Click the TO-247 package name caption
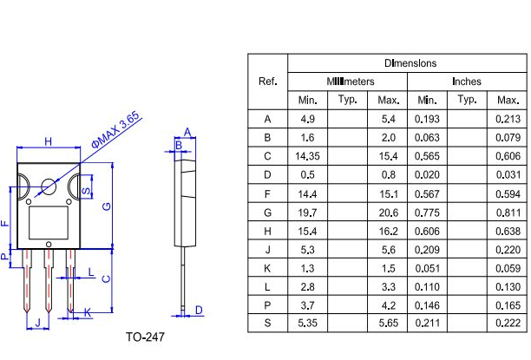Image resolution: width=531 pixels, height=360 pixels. click(x=144, y=337)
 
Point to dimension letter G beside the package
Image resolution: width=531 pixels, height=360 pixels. click(x=106, y=206)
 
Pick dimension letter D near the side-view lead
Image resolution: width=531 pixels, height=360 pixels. click(x=199, y=310)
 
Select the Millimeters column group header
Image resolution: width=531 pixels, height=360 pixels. click(x=351, y=82)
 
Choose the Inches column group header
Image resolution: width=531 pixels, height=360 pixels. click(x=467, y=82)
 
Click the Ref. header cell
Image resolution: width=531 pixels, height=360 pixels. click(x=268, y=82)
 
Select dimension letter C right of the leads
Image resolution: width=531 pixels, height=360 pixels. click(x=106, y=279)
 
